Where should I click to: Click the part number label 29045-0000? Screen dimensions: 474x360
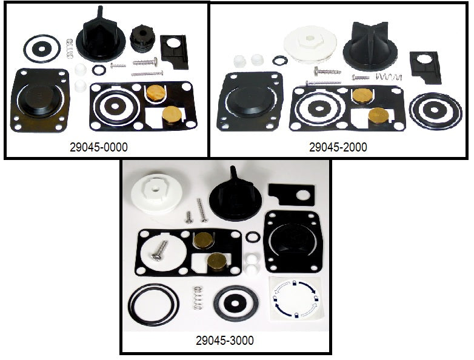[x=99, y=147]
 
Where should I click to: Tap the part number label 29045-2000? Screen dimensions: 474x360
[x=338, y=147]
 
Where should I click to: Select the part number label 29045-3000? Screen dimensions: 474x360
[x=225, y=341]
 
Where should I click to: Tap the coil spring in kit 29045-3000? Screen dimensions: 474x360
[x=198, y=298]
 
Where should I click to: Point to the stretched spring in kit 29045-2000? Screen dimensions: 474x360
[x=389, y=77]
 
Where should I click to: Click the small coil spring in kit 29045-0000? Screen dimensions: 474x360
[x=70, y=48]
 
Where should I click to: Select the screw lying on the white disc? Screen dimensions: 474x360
[x=160, y=251]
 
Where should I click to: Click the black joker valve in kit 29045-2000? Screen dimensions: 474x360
[x=370, y=46]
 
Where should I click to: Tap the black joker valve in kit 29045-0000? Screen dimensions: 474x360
[x=101, y=36]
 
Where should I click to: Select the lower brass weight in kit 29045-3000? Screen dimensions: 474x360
[x=217, y=262]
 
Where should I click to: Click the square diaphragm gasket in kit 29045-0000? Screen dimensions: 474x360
[x=40, y=100]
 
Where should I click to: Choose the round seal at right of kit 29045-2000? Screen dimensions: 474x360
[x=435, y=112]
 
